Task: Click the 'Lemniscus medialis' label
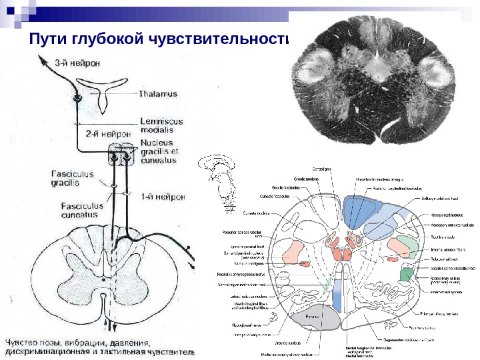[159, 126]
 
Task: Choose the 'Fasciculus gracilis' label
[73, 177]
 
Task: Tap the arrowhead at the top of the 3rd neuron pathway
[41, 59]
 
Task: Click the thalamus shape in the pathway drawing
[103, 90]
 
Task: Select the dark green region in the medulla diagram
[405, 273]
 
